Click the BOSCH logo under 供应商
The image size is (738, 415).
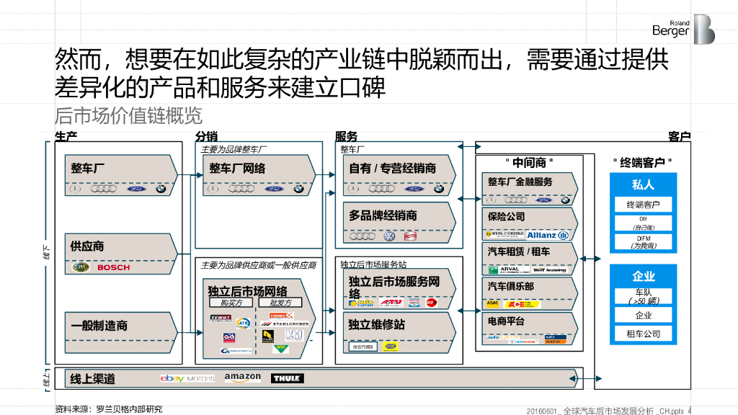coord(113,267)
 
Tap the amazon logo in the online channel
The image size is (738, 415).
coord(242,378)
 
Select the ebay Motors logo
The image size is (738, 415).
coord(187,378)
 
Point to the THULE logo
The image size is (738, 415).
coord(288,378)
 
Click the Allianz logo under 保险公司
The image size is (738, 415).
coord(547,235)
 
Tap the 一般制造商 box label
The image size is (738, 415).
coord(99,326)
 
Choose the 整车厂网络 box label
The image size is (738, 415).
coord(237,168)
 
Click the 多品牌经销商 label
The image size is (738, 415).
coord(383,215)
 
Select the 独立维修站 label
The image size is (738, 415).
coord(376,324)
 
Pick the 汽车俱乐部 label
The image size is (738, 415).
coord(511,286)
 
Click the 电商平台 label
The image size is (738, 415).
coord(506,321)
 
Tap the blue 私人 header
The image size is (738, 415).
coord(643,185)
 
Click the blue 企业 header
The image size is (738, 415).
coord(643,276)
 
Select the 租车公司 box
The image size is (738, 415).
coord(643,334)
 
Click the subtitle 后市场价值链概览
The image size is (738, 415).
coord(128,115)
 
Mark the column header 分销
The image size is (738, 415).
coord(206,136)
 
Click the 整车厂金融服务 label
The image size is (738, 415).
coord(520,182)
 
